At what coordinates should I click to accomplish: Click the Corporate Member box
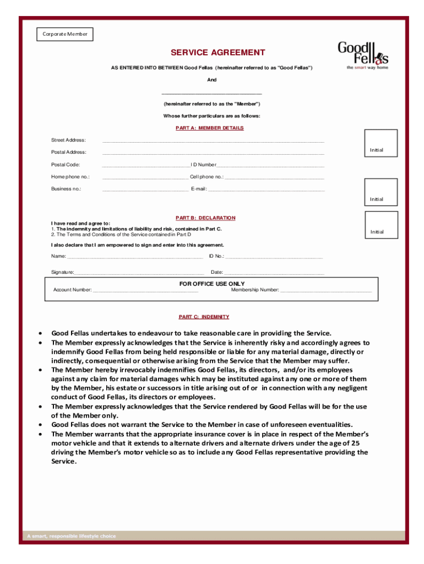point(66,35)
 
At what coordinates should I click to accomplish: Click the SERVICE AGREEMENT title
point(218,53)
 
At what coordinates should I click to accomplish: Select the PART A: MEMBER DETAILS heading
point(209,128)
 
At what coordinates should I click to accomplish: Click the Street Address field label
point(68,140)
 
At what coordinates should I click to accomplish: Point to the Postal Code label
point(66,165)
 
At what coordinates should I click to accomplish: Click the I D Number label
point(203,165)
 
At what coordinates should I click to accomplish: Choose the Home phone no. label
point(70,177)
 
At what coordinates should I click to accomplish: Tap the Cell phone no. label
point(206,177)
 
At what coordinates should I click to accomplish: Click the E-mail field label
point(198,189)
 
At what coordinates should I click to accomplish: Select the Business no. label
point(66,189)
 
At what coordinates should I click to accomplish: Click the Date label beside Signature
point(216,272)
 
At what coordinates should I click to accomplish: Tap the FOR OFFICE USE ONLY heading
point(212,284)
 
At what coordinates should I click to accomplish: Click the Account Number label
point(72,290)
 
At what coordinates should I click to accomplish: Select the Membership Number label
point(255,290)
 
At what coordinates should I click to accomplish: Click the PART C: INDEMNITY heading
point(204,317)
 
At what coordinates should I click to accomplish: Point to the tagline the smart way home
point(367,68)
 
